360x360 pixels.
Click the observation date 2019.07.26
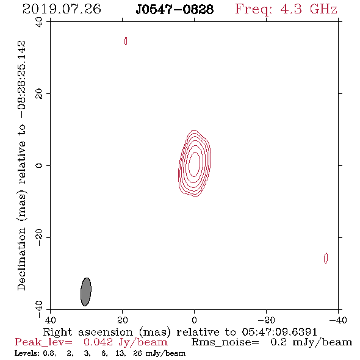[x=62, y=9]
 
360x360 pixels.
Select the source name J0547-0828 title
[x=175, y=9]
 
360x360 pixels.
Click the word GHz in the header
[x=323, y=9]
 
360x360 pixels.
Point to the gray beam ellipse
[x=86, y=292]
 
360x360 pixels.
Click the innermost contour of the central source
[x=189, y=164]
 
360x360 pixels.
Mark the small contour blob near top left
[x=126, y=41]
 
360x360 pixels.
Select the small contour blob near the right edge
[x=326, y=258]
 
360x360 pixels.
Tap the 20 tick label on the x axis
[x=123, y=320]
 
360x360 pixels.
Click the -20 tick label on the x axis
[x=266, y=320]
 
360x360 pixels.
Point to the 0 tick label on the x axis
[x=194, y=320]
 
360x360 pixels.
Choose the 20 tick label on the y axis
[x=39, y=94]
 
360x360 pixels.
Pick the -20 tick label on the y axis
[x=39, y=237]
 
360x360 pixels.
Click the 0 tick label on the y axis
[x=39, y=165]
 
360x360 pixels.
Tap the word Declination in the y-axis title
[x=21, y=259]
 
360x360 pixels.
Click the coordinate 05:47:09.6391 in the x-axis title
[x=279, y=332]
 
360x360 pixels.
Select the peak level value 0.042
[x=98, y=342]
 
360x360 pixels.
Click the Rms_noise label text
[x=225, y=342]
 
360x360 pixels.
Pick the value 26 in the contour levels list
[x=137, y=353]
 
